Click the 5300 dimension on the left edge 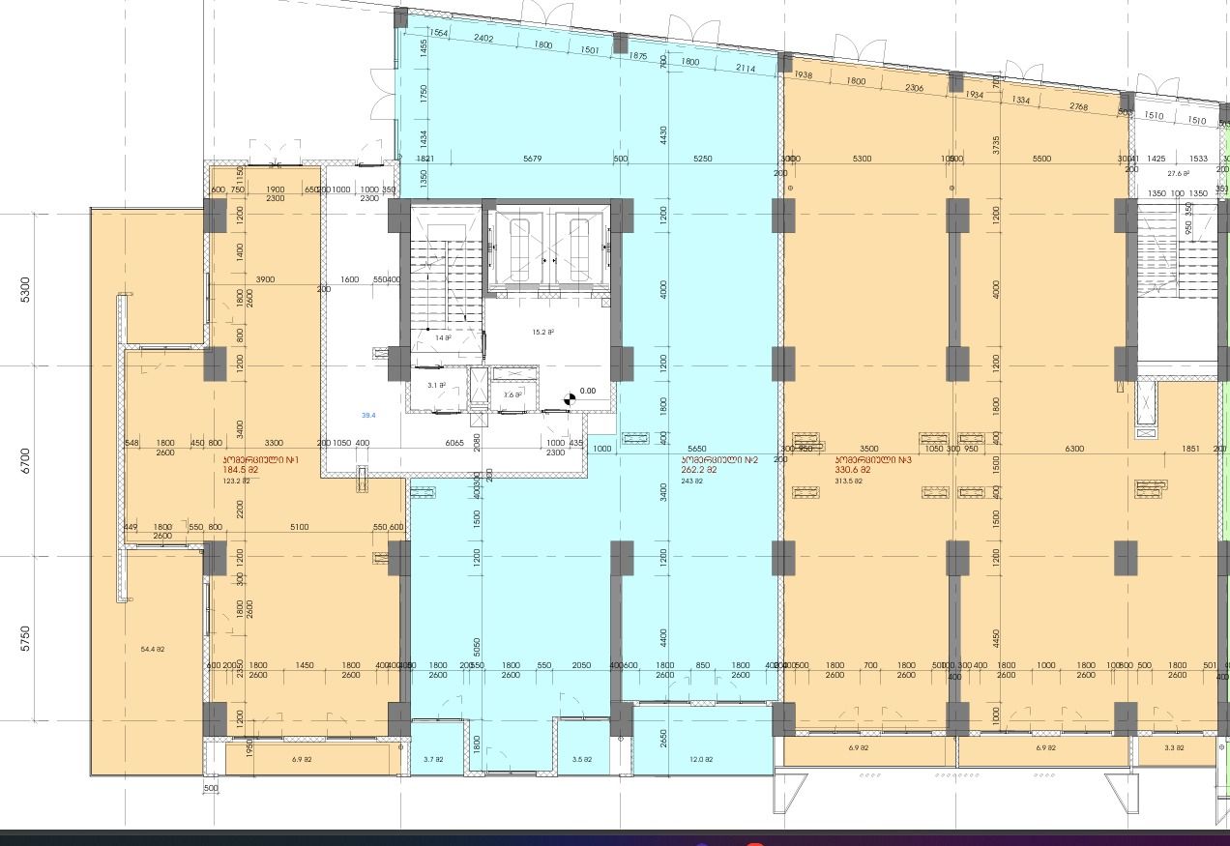[x=25, y=288]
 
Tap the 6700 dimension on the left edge [x=25, y=460]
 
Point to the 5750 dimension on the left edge [x=25, y=638]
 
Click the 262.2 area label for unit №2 [x=699, y=470]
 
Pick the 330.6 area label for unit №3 [x=854, y=470]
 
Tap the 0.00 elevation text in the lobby [x=587, y=392]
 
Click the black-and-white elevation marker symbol [x=570, y=396]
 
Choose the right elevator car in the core [x=580, y=248]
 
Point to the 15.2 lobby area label [x=542, y=333]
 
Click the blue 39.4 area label [x=368, y=416]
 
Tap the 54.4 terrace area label [x=152, y=649]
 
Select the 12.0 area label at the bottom [x=702, y=760]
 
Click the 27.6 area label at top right [x=1178, y=174]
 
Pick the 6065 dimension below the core [x=454, y=442]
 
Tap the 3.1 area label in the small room [x=436, y=385]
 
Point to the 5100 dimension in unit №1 [x=300, y=527]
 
